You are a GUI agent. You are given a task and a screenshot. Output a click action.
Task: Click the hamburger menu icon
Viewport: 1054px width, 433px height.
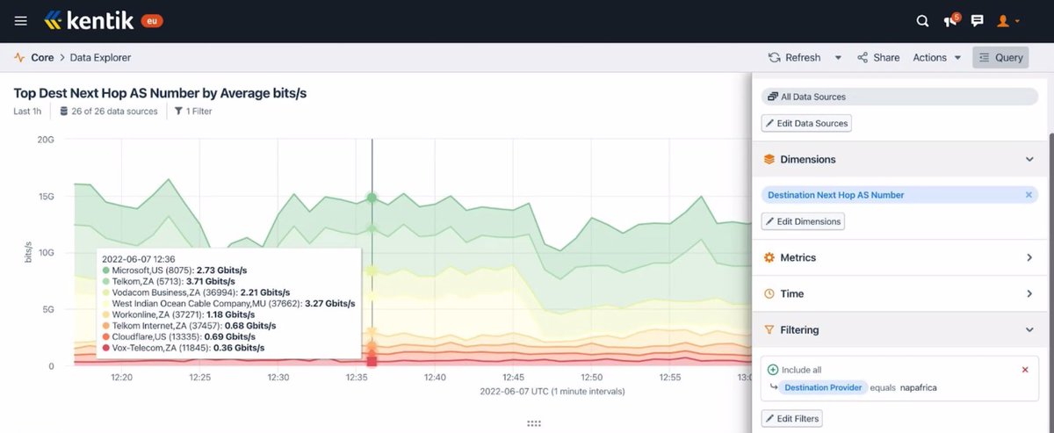tap(21, 20)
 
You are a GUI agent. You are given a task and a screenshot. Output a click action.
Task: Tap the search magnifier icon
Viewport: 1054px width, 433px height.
tap(922, 21)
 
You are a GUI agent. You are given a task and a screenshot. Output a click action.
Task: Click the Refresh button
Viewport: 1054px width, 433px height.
tap(795, 57)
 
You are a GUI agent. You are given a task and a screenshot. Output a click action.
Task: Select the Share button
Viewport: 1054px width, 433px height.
tap(878, 57)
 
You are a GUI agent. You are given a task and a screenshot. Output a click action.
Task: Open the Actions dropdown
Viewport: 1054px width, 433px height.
tap(936, 57)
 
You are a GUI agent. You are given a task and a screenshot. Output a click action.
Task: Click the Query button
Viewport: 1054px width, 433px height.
tap(1000, 57)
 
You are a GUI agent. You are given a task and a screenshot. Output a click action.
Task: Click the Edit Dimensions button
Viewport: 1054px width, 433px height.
tap(803, 221)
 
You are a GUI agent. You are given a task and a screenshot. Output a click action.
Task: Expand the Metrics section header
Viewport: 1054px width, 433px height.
tap(896, 257)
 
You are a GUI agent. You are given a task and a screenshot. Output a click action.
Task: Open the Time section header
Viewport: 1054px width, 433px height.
tap(896, 293)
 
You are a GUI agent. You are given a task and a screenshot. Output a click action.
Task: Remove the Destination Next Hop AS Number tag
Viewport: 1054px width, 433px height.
tap(1029, 195)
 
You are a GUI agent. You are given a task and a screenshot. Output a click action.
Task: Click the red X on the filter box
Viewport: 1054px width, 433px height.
tap(1025, 370)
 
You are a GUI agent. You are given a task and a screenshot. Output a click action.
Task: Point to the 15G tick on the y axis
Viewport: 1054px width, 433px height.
tap(45, 196)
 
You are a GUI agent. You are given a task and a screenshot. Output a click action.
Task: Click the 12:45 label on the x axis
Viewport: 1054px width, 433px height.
tap(514, 377)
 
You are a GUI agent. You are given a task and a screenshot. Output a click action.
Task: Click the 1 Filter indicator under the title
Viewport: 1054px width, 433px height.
tap(193, 112)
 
